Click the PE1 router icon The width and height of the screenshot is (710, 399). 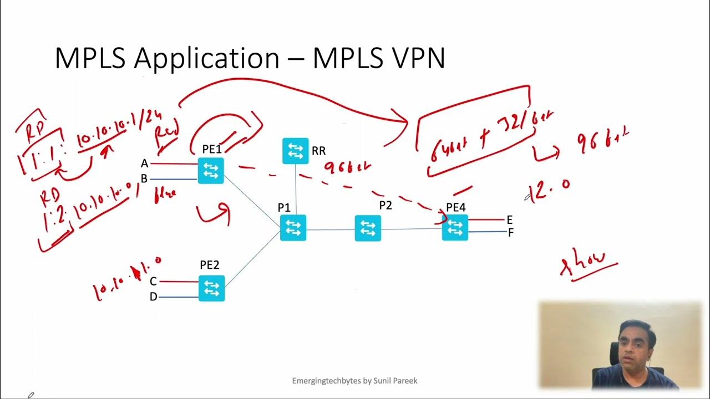(211, 171)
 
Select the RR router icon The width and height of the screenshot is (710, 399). (295, 151)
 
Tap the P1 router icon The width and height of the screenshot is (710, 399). (293, 228)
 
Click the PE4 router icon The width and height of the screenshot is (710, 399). (455, 227)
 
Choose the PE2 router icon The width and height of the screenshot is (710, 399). (211, 288)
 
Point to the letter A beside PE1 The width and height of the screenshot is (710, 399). (145, 163)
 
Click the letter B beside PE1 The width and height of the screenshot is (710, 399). (144, 178)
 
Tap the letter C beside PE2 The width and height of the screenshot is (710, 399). (153, 282)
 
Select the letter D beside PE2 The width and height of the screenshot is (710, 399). (153, 297)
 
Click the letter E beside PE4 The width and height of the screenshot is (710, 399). (509, 220)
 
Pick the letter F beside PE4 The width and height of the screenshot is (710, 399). (510, 233)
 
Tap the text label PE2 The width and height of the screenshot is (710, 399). (210, 265)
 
